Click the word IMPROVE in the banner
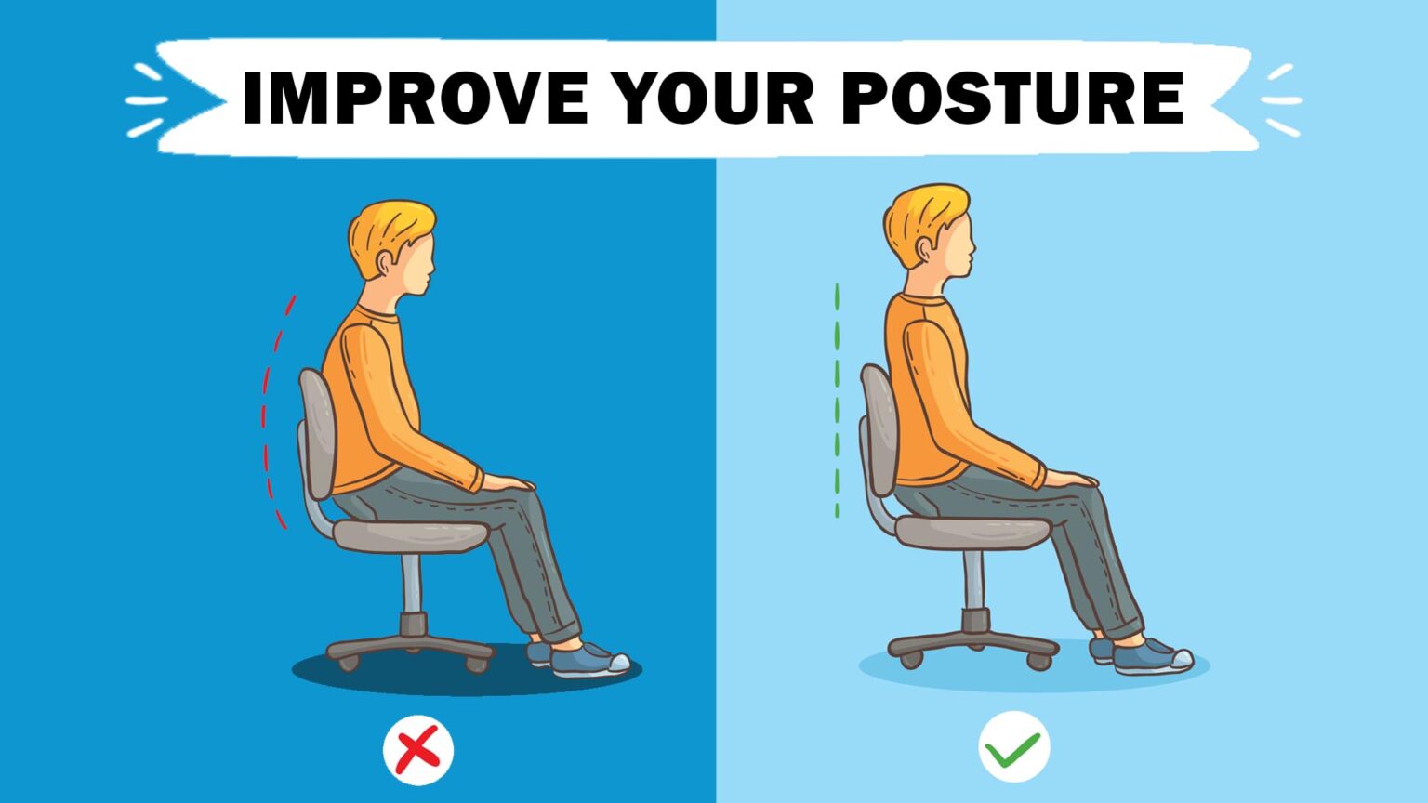(x=415, y=98)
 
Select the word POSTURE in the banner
(x=1013, y=98)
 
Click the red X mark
(x=418, y=749)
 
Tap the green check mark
(x=1013, y=749)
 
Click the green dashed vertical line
(x=837, y=401)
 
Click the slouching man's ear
(x=385, y=263)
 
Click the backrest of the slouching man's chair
(x=317, y=433)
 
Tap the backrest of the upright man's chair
(x=879, y=430)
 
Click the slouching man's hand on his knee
(x=508, y=482)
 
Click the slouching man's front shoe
(x=589, y=660)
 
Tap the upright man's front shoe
(x=1153, y=657)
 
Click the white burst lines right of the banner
(x=1281, y=100)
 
